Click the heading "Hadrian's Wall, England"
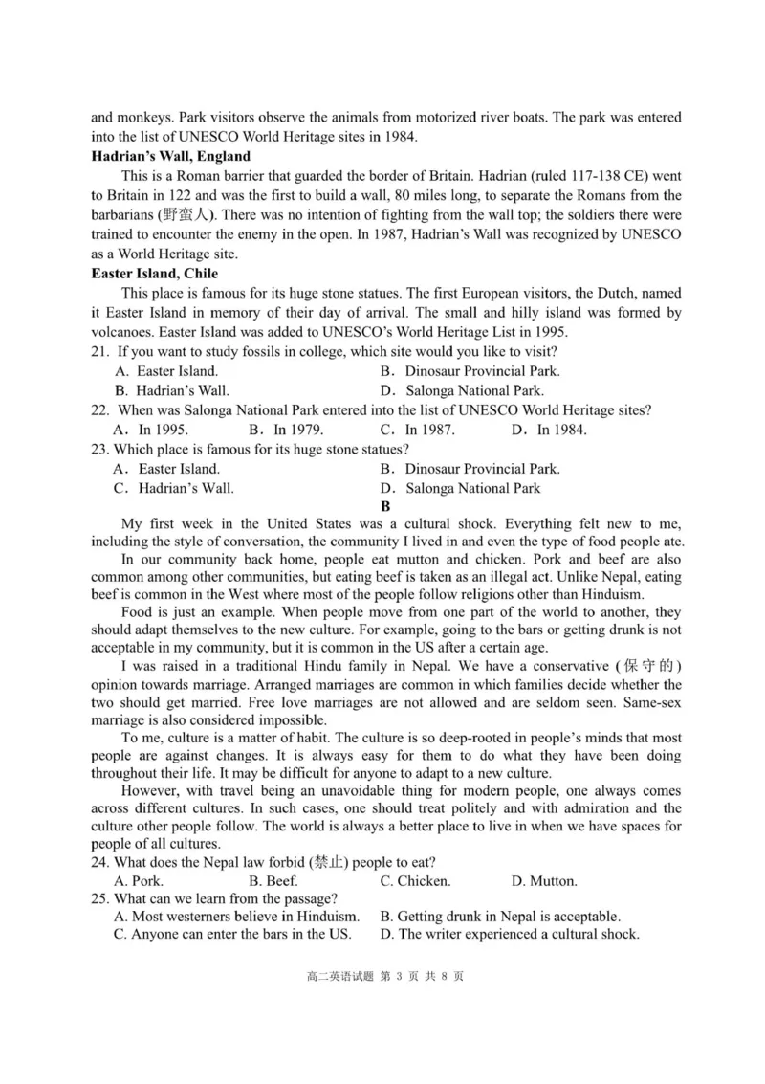click(170, 156)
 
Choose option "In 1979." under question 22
click(285, 430)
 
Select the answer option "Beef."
click(273, 881)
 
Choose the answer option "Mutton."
click(543, 881)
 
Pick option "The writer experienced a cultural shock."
click(510, 935)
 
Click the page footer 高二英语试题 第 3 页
click(384, 976)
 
